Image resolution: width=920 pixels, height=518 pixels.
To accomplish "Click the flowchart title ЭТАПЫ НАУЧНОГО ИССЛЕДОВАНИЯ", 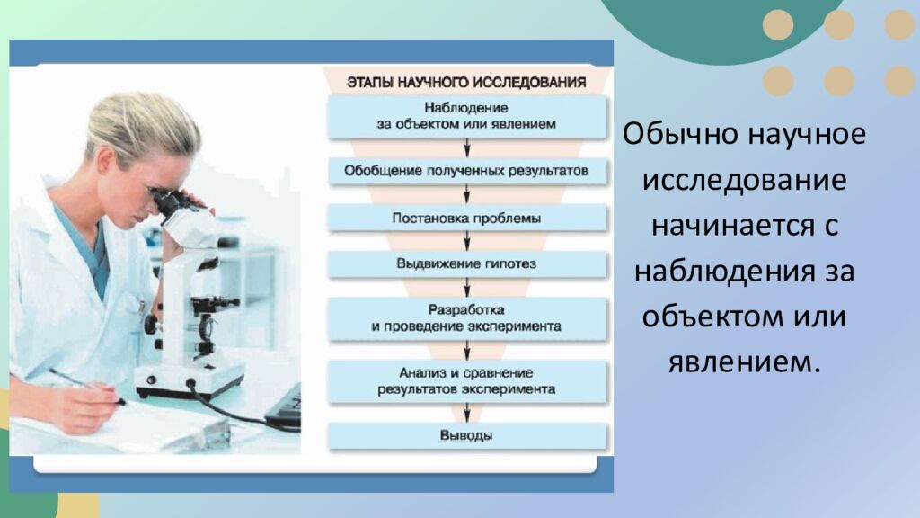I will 466,83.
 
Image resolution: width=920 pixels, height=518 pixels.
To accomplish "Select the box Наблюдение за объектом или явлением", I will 466,117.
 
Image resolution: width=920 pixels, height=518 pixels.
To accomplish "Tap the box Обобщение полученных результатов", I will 466,169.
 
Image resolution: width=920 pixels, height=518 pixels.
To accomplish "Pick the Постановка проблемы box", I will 466,218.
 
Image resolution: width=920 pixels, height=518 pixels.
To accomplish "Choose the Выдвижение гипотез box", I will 466,264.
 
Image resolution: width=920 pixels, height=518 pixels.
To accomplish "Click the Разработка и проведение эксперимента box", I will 466,318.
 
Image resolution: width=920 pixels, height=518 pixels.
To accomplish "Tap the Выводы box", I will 466,436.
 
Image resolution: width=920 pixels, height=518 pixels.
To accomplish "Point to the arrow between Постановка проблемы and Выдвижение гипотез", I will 467,241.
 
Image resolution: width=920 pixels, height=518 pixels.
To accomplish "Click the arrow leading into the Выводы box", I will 467,413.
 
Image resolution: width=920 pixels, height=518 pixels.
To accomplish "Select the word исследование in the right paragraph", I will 744,180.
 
